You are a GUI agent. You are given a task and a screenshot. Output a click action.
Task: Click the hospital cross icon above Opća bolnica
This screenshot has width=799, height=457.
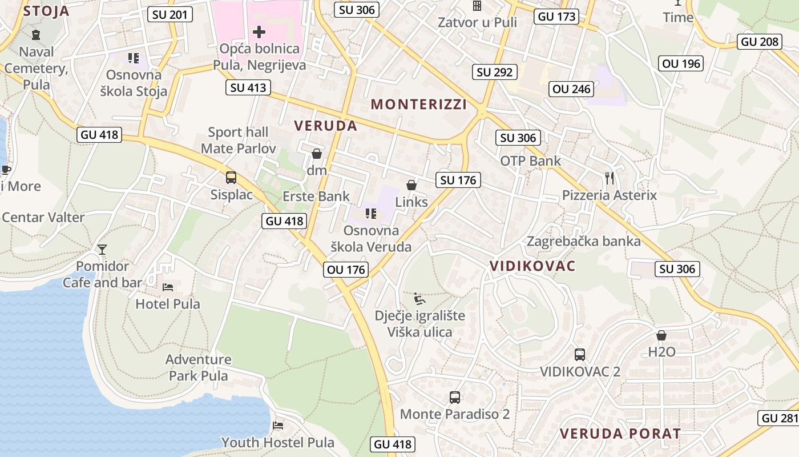(x=259, y=31)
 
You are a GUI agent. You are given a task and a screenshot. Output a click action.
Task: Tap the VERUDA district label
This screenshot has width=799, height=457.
(x=325, y=126)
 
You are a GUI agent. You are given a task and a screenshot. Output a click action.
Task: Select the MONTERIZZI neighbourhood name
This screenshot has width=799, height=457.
(x=419, y=104)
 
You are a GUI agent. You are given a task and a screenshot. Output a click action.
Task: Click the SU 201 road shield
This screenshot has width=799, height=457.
(x=170, y=14)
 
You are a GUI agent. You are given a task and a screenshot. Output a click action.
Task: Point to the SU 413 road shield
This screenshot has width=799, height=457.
(x=248, y=87)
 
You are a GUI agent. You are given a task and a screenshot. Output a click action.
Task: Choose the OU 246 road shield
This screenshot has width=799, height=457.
(x=572, y=89)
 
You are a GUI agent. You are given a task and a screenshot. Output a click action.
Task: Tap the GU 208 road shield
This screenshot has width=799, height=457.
(x=760, y=42)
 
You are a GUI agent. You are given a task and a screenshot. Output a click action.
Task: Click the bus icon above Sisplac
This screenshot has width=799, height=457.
(x=231, y=177)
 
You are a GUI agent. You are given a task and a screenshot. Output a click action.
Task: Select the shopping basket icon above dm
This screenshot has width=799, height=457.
(x=317, y=154)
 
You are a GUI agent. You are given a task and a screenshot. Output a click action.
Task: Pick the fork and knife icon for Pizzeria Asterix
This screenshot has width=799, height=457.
(x=610, y=178)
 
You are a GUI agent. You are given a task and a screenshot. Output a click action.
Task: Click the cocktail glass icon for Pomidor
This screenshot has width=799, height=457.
(x=102, y=249)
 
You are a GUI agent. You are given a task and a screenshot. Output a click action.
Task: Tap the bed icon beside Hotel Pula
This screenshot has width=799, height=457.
(x=168, y=286)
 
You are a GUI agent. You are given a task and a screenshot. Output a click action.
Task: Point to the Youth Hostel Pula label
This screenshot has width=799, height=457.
(x=277, y=442)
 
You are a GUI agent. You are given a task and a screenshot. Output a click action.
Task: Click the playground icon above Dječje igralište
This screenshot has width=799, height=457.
(x=419, y=298)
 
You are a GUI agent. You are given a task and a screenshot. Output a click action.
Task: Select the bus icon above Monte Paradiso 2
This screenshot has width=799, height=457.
(x=455, y=397)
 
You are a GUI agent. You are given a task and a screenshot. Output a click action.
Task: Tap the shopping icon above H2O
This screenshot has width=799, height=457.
(x=661, y=335)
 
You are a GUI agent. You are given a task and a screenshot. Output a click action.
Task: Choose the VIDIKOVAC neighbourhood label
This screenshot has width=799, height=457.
(x=532, y=266)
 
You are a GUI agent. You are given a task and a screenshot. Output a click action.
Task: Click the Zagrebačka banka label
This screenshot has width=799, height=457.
(x=583, y=241)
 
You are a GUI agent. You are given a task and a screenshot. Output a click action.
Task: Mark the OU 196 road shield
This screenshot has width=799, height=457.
(x=681, y=63)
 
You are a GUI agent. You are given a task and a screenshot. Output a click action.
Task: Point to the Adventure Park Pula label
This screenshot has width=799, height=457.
(x=199, y=367)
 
